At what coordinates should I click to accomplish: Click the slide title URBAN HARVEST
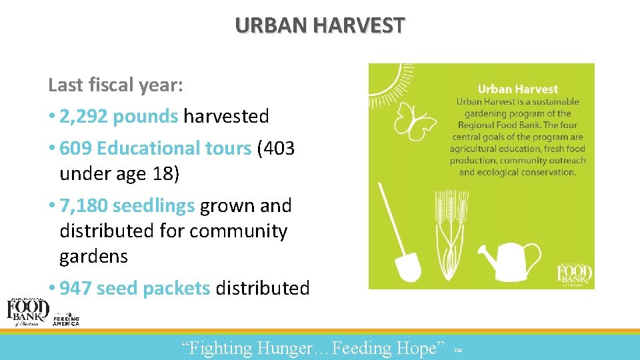(319, 25)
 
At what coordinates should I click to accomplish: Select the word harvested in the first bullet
(226, 117)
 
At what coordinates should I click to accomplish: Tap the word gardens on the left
(93, 257)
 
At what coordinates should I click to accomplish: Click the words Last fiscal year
(115, 85)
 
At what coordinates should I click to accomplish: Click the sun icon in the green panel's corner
(385, 79)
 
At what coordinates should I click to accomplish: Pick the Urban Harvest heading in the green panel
(518, 89)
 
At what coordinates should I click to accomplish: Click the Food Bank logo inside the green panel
(575, 273)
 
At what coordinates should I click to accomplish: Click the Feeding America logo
(66, 319)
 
